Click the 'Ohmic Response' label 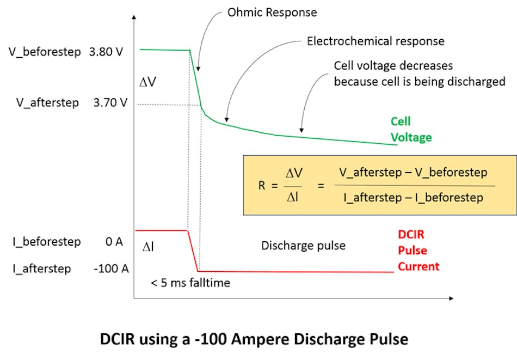pos(272,11)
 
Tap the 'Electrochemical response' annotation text pos(376,41)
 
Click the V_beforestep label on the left pos(45,53)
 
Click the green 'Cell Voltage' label pos(411,130)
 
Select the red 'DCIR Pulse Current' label pos(418,251)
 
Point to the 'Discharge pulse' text pos(303,246)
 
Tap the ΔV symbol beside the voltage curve pos(149,82)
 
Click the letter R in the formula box pos(262,185)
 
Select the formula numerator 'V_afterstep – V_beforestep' pos(413,173)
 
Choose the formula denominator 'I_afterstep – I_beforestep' pos(413,197)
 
